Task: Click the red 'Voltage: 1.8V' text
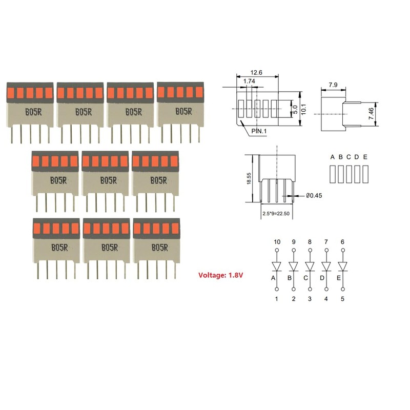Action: pos(220,275)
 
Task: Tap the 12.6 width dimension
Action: pos(257,73)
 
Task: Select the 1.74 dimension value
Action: pos(250,81)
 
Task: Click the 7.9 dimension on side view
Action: pos(333,83)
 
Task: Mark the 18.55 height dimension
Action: pos(249,179)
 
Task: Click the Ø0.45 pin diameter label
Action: pos(314,195)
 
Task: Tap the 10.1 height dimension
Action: pos(303,109)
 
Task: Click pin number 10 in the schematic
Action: pos(277,241)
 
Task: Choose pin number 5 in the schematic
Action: pos(342,298)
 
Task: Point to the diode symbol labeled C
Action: pos(310,267)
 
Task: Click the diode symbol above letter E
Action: pos(342,267)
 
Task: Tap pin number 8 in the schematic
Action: pos(310,241)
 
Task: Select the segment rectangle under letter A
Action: pos(333,174)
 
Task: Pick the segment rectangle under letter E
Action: pos(365,174)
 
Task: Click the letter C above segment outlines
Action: pos(348,157)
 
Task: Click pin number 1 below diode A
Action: pos(277,298)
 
